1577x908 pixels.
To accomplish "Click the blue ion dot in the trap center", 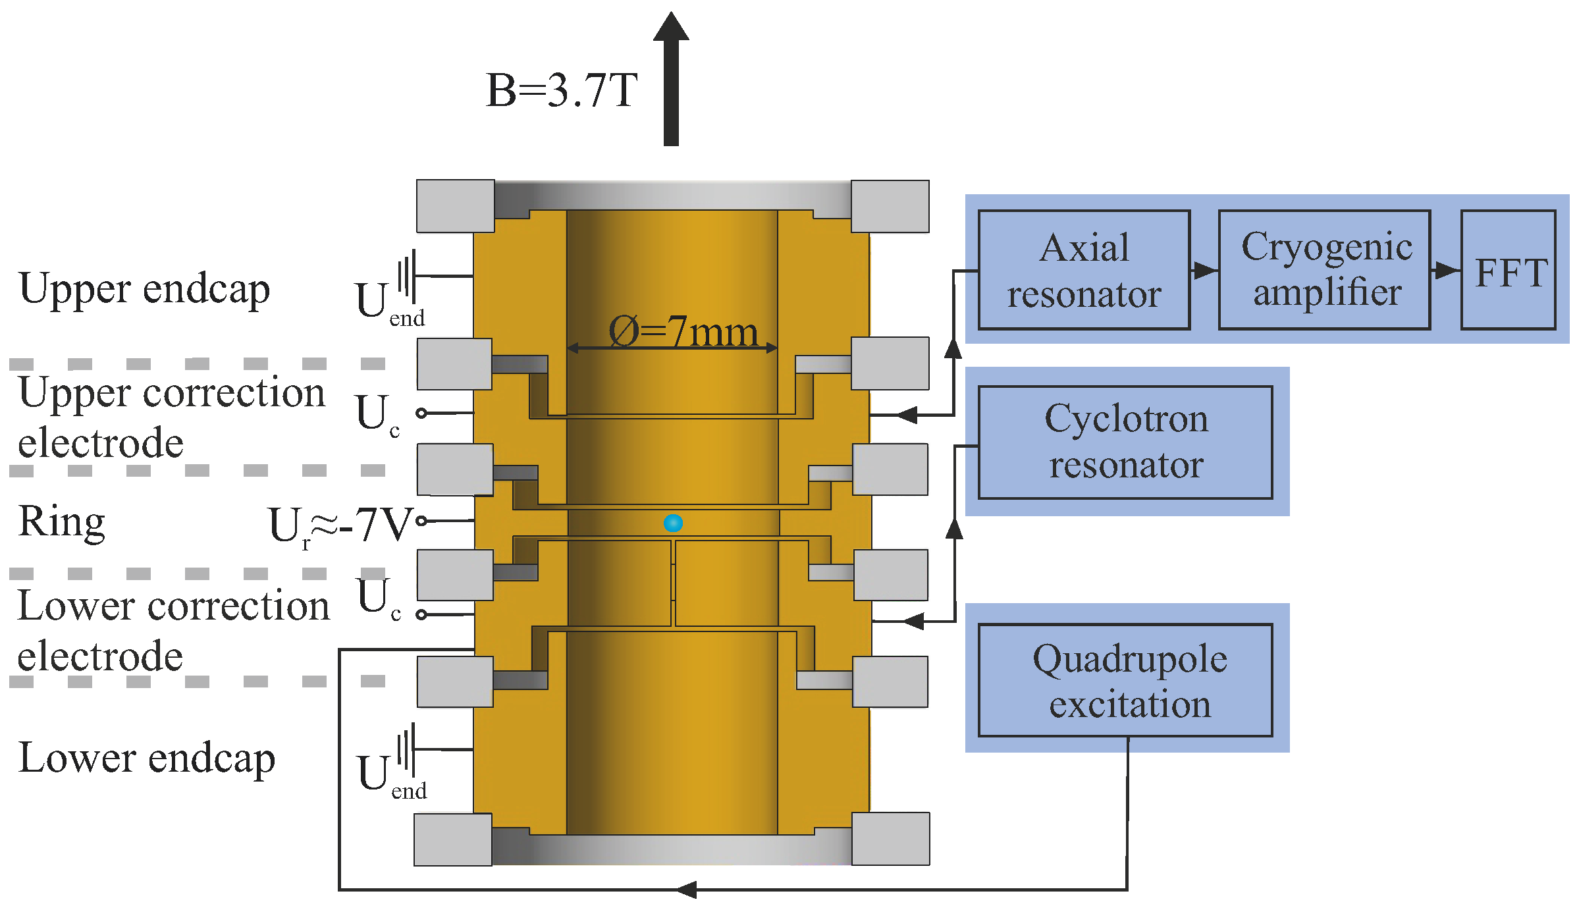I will click(672, 523).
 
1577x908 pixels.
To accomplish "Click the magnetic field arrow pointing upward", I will click(671, 79).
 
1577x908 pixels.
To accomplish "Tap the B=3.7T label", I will click(561, 90).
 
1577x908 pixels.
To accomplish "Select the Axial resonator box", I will click(1084, 270).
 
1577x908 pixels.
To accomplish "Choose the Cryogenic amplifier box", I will click(1325, 270).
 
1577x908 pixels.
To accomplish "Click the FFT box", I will click(1509, 270).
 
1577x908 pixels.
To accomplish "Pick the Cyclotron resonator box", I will click(1125, 442).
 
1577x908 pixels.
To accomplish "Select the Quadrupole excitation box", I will click(1125, 680).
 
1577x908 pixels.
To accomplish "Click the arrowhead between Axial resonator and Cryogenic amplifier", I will click(1204, 270).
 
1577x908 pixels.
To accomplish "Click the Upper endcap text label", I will click(144, 290).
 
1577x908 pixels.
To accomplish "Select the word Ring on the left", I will click(61, 521).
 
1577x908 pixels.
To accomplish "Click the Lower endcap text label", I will click(146, 759).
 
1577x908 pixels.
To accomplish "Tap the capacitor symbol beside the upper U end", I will click(407, 275).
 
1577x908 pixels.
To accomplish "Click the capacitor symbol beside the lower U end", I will click(407, 749).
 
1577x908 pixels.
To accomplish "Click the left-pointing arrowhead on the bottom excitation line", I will click(687, 890).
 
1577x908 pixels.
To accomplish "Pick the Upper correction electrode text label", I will click(171, 417).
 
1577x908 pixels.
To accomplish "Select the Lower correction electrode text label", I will click(173, 631).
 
